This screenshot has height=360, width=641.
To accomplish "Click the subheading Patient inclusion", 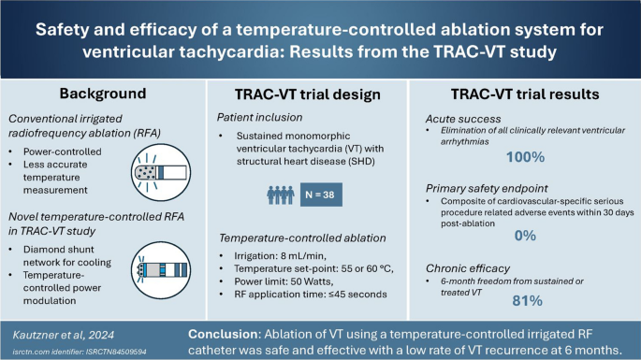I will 265,118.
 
